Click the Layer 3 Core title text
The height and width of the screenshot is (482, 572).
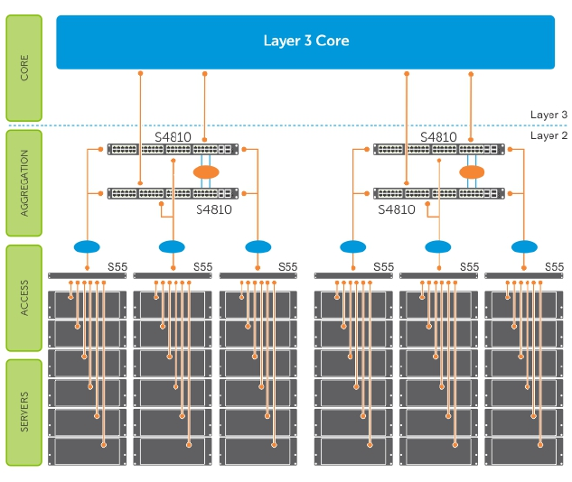pyautogui.click(x=305, y=41)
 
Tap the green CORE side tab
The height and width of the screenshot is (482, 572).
pyautogui.click(x=23, y=69)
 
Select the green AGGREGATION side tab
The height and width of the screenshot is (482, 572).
pyautogui.click(x=23, y=185)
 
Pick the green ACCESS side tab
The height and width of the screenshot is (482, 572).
pyautogui.click(x=23, y=298)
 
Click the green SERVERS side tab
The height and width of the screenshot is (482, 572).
pyautogui.click(x=23, y=412)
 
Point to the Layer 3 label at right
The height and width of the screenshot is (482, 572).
pyautogui.click(x=549, y=115)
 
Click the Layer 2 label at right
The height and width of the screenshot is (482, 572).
pyautogui.click(x=549, y=135)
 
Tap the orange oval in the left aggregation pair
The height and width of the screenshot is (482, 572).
pyautogui.click(x=206, y=171)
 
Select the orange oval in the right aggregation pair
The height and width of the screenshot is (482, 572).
pyautogui.click(x=472, y=171)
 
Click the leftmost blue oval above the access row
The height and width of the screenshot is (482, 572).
pyautogui.click(x=87, y=246)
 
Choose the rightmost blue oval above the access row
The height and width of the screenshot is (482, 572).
pyautogui.click(x=523, y=246)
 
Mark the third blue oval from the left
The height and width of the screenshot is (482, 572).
pyautogui.click(x=258, y=246)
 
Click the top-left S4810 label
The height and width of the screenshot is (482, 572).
pyautogui.click(x=173, y=137)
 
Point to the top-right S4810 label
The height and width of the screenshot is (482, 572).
pyautogui.click(x=438, y=137)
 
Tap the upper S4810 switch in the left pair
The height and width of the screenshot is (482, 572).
pyautogui.click(x=173, y=149)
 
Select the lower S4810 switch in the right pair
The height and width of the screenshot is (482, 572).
pyautogui.click(x=439, y=193)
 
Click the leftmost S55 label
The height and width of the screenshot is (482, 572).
pyautogui.click(x=117, y=266)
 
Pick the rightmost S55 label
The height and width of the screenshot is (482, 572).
pyautogui.click(x=553, y=266)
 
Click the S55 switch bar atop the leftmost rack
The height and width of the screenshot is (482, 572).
pyautogui.click(x=87, y=275)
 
